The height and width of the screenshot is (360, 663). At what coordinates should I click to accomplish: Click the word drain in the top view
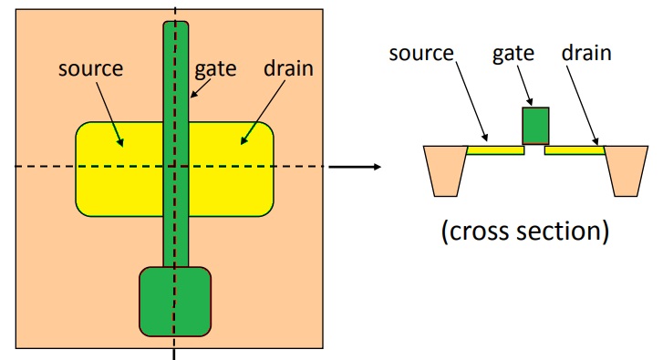click(287, 68)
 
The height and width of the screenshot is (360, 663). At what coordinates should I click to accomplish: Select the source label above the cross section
click(421, 52)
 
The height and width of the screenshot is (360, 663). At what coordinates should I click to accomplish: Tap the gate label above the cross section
click(534, 52)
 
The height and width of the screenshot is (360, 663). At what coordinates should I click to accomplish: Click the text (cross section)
click(525, 230)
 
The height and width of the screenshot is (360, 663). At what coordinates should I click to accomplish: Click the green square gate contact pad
click(175, 301)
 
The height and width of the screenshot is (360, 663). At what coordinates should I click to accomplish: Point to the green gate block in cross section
click(535, 126)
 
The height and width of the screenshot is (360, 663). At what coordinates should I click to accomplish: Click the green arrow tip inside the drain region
click(241, 143)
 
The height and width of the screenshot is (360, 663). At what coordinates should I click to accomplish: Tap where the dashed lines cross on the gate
click(175, 167)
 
